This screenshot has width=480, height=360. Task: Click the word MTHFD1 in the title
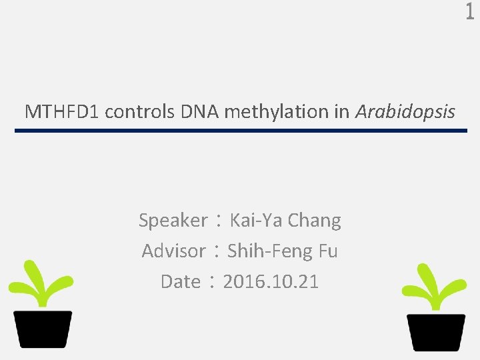pos(62,112)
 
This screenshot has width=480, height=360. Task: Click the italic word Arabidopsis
pos(405,112)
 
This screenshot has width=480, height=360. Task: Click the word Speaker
pos(173,221)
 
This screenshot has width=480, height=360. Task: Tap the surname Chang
pos(314,221)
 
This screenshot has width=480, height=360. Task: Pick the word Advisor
pos(173,251)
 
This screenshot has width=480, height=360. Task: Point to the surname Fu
pos(328,251)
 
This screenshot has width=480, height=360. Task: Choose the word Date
pos(180,282)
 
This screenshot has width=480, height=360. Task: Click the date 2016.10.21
pos(271,282)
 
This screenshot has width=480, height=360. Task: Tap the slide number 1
pos(469,13)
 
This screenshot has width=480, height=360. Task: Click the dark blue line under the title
pos(241,131)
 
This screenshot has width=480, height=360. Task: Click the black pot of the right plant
pos(437,332)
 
